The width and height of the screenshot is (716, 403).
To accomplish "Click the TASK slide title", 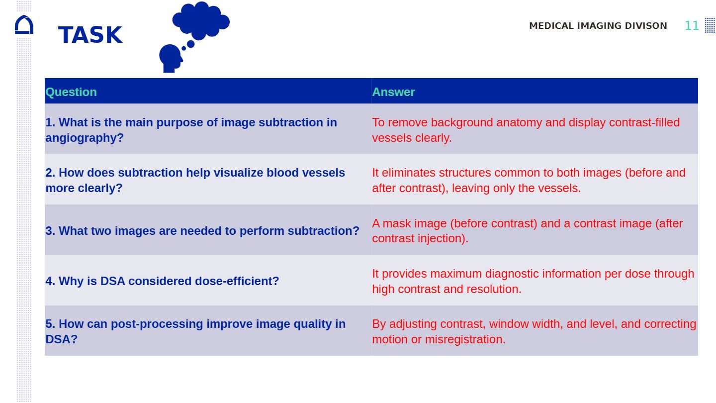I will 90,35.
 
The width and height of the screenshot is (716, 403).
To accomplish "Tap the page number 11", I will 692,26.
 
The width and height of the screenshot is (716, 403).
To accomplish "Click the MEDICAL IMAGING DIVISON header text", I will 598,26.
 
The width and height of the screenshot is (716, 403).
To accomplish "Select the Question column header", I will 71,92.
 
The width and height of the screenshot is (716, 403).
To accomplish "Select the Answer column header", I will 393,92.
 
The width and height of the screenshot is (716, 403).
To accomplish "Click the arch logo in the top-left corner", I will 24,25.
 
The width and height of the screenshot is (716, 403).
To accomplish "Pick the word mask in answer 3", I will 396,223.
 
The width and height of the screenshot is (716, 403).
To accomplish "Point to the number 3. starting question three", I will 50,231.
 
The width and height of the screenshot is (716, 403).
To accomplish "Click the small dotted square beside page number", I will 710,25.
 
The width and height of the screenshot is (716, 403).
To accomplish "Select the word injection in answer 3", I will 442,238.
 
